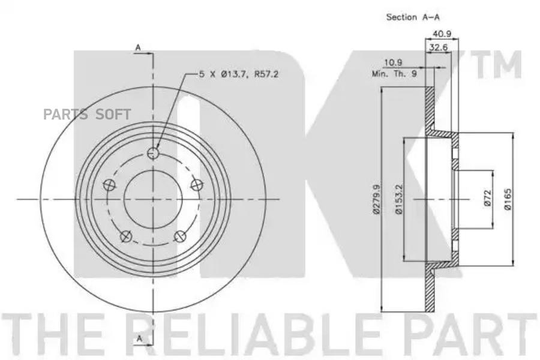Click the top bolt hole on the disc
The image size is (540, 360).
(154, 154)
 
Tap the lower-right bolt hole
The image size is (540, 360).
(179, 237)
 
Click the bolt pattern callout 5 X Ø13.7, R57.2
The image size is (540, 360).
(240, 74)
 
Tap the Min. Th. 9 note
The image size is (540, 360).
(394, 74)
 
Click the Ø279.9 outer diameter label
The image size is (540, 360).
(376, 199)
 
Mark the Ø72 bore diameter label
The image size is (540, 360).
(487, 199)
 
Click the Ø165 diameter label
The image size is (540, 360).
(507, 199)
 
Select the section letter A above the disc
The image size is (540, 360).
(138, 47)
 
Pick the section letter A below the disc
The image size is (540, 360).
(138, 339)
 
